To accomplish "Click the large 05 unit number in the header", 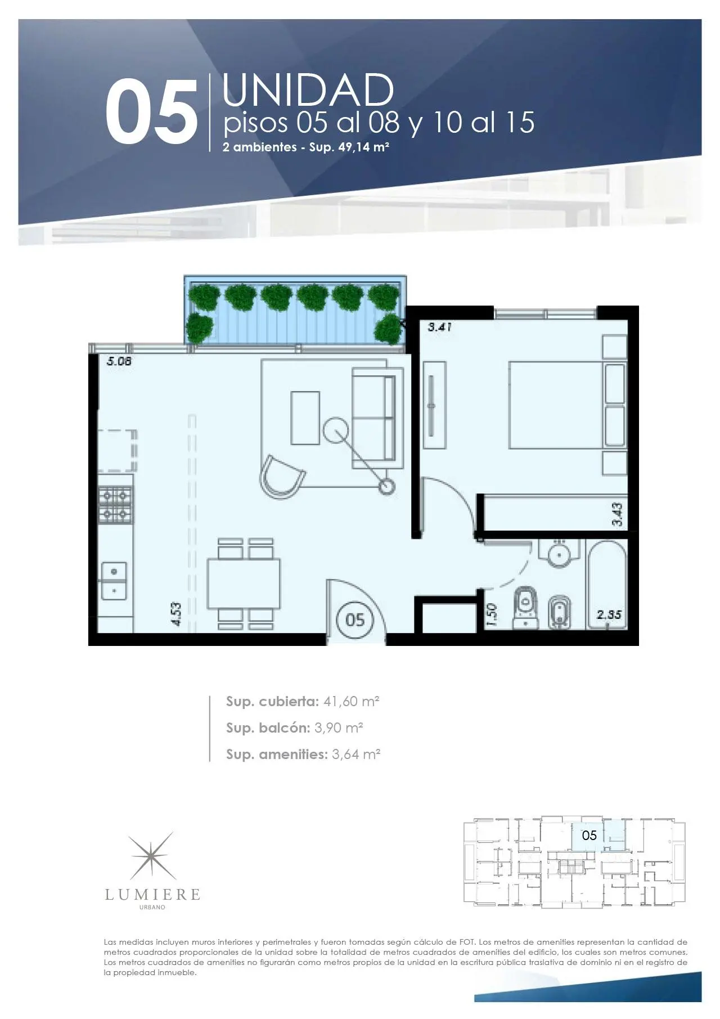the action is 151,111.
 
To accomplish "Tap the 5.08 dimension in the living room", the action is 119,362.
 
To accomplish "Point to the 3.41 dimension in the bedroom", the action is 440,326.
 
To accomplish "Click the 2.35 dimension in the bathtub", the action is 609,615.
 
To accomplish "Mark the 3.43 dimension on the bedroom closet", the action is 617,515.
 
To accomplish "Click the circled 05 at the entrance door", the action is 355,620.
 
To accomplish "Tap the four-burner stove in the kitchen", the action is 116,505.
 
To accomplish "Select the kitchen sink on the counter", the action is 114,581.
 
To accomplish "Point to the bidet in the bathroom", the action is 560,611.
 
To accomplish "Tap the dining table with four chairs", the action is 244,583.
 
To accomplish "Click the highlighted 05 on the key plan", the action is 589,835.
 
